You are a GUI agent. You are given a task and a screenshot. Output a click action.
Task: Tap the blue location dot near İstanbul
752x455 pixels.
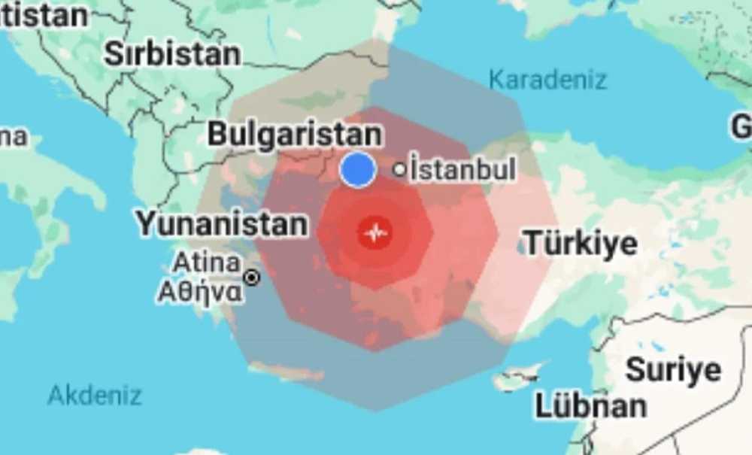point(358,169)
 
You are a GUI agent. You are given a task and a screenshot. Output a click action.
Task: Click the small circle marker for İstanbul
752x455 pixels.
point(400,170)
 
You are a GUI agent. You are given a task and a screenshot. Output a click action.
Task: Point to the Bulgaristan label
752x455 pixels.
point(294,135)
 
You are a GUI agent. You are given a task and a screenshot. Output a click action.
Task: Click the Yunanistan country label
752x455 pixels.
point(222,223)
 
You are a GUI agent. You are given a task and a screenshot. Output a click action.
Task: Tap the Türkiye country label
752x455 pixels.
point(580,244)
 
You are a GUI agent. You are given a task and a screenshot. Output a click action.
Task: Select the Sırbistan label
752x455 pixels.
point(172,53)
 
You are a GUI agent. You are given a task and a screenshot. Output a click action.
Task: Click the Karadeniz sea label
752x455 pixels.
point(547,79)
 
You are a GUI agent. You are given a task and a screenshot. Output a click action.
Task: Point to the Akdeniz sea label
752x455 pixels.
point(95,395)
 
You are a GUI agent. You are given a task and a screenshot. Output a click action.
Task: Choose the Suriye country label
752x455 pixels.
point(673,369)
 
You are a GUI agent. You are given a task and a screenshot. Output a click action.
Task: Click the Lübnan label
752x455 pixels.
point(590,405)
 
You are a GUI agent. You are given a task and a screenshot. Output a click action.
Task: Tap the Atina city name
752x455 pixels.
point(207,263)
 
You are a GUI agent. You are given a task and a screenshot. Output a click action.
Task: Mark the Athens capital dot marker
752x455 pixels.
point(253,278)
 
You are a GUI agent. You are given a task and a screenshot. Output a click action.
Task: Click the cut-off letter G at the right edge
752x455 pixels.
point(741,128)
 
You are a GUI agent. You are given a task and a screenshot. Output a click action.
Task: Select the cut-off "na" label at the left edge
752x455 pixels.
point(13,137)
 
